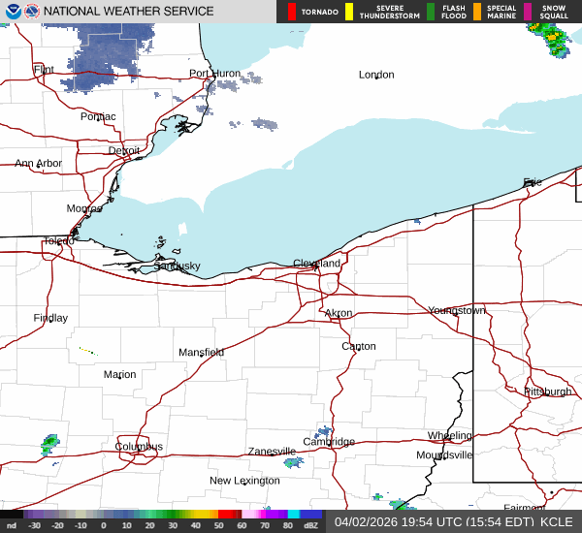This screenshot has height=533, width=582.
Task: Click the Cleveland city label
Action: point(317,264)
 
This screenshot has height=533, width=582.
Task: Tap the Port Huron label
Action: point(213,74)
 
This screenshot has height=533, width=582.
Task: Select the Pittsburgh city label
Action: point(548,392)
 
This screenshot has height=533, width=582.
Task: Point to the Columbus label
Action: point(140,447)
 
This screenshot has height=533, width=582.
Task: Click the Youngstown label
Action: point(457,310)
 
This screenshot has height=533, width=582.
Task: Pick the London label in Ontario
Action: point(376,75)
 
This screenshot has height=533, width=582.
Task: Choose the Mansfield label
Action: point(201,352)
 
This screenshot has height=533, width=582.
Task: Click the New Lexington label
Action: point(244,481)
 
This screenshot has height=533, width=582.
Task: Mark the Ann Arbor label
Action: point(38,164)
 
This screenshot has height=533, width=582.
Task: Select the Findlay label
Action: point(50,318)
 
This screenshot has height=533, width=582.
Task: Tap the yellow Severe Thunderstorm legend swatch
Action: point(349,12)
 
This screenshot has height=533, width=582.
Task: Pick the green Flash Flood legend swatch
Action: point(431,12)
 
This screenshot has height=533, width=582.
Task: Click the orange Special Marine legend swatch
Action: point(476,12)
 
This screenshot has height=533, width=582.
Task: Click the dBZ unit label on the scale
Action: point(311,526)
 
